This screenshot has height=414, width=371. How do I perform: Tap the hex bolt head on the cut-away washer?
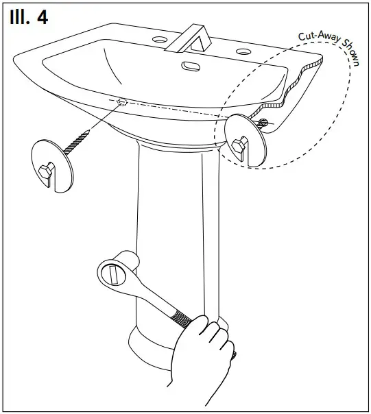click(239, 145)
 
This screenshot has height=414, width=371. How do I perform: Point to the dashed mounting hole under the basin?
click(122, 102)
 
